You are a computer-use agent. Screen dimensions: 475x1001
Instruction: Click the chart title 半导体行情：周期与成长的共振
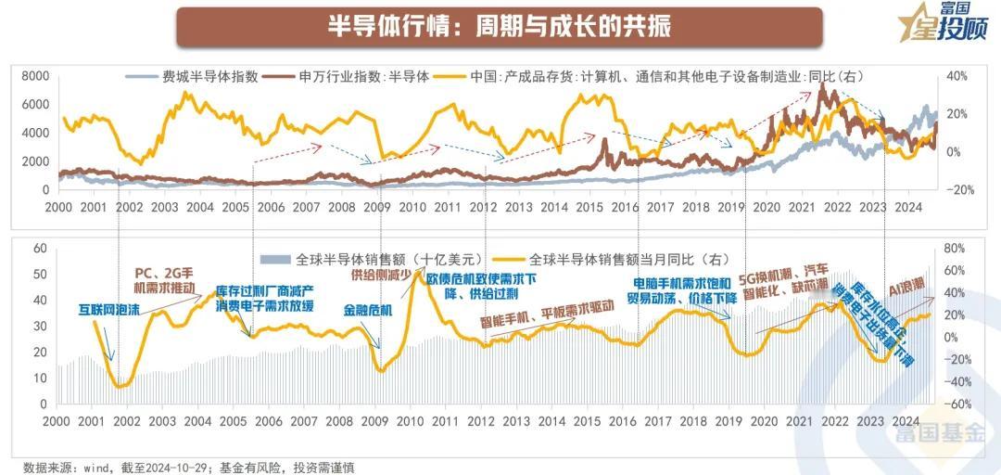click(x=500, y=26)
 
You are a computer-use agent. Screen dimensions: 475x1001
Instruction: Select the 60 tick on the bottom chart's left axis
click(x=39, y=249)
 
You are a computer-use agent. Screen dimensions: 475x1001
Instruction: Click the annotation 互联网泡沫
click(x=108, y=311)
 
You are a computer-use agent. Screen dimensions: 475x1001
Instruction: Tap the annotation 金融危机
click(x=368, y=311)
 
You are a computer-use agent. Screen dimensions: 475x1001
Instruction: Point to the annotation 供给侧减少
click(x=379, y=276)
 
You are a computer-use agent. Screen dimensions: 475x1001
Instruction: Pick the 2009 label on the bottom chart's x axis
click(x=374, y=420)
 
